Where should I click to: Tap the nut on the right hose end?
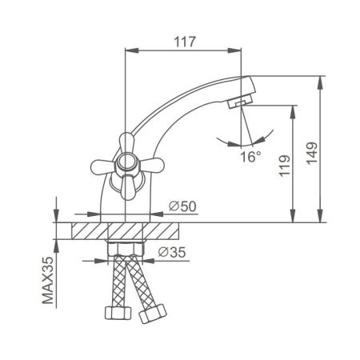(148, 315)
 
